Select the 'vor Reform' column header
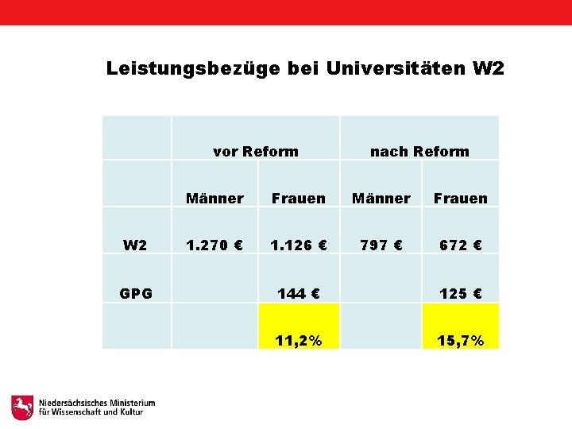(x=256, y=152)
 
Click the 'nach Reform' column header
(x=419, y=152)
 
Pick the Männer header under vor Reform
(x=214, y=199)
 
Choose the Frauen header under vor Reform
(x=298, y=199)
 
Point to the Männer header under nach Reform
(x=381, y=199)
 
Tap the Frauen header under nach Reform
(x=461, y=199)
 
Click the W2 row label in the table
(x=135, y=245)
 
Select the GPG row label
(x=136, y=294)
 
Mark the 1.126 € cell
(x=299, y=245)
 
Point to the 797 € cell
(x=381, y=245)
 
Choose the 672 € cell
(x=461, y=245)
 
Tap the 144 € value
(x=299, y=294)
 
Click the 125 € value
(x=461, y=294)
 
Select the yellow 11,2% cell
(x=299, y=341)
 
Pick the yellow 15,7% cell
(x=461, y=341)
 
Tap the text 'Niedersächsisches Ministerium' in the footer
(x=97, y=403)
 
